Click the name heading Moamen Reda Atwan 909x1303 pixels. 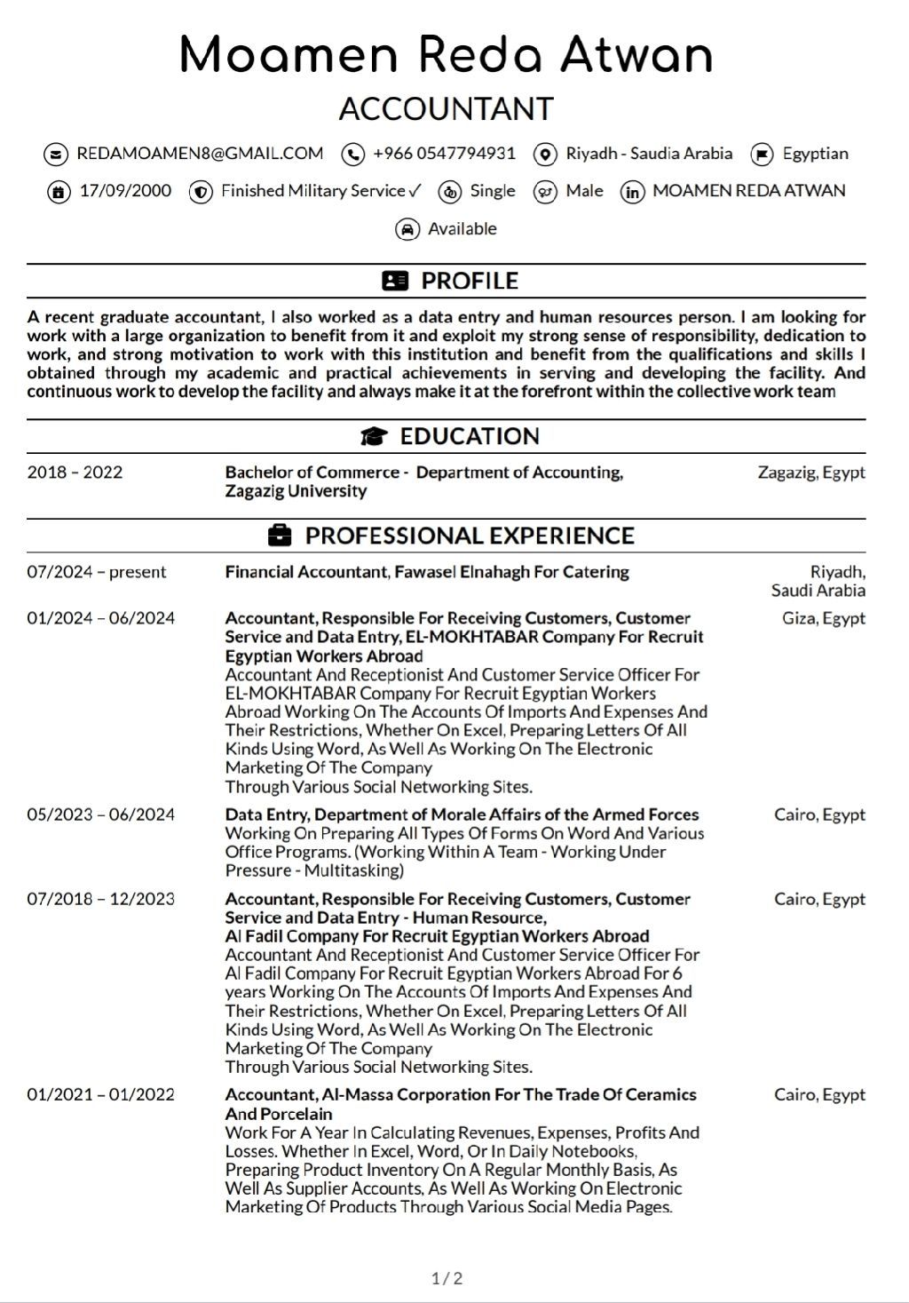click(446, 55)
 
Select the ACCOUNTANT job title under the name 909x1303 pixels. click(446, 109)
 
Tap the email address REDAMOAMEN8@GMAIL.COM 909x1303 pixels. click(200, 154)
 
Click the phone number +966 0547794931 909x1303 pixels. click(444, 154)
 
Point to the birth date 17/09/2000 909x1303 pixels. click(125, 191)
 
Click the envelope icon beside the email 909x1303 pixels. click(55, 155)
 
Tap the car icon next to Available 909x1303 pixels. click(407, 230)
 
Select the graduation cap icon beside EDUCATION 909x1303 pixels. click(375, 436)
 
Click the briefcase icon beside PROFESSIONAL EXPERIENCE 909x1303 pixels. click(279, 536)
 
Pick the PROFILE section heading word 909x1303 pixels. click(469, 281)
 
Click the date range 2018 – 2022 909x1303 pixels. click(75, 473)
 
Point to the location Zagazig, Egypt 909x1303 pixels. click(810, 473)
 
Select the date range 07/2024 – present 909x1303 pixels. click(96, 572)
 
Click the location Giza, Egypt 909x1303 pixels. click(823, 618)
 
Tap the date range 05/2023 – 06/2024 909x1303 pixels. click(100, 814)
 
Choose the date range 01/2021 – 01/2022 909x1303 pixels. click(100, 1094)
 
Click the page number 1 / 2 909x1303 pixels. click(447, 1279)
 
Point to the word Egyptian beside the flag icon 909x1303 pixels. click(815, 154)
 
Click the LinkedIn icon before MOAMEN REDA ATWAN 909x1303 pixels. click(632, 192)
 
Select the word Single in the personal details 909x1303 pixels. click(493, 191)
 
